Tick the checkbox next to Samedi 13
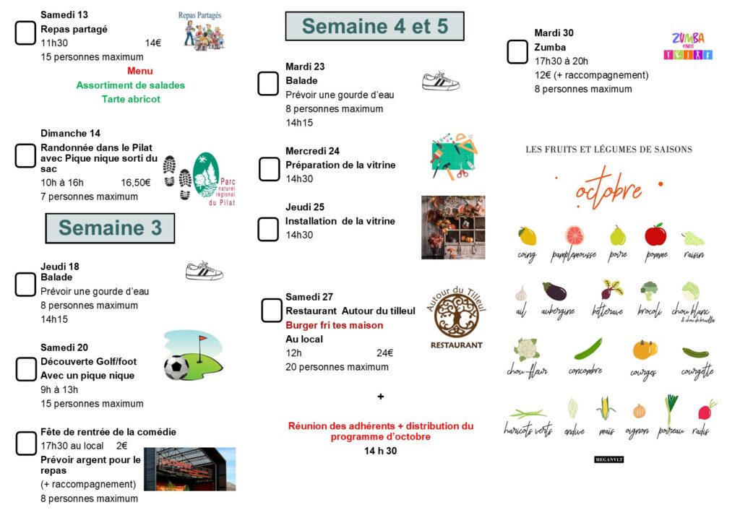[x=26, y=33]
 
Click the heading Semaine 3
[x=110, y=228]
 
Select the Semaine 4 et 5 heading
[x=374, y=27]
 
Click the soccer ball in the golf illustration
[x=176, y=367]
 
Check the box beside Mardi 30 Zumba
[x=517, y=52]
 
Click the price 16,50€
[x=136, y=182]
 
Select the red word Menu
[x=139, y=71]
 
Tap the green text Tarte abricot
[x=131, y=99]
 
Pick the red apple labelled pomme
[x=655, y=235]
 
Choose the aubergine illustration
[x=555, y=291]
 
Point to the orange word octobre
[x=608, y=190]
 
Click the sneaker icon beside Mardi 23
[x=440, y=80]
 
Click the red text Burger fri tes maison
[x=335, y=325]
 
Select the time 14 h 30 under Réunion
[x=380, y=451]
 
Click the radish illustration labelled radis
[x=706, y=410]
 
